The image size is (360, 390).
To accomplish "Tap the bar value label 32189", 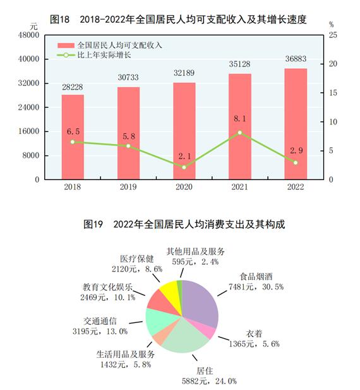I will (184, 73).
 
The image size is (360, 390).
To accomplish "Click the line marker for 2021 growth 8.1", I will (239, 133).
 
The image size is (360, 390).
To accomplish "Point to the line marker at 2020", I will (184, 167).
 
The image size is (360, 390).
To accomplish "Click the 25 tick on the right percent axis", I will (332, 35).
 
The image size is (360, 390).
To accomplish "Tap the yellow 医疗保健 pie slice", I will (169, 292).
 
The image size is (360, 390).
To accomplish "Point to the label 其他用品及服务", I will (195, 251).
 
